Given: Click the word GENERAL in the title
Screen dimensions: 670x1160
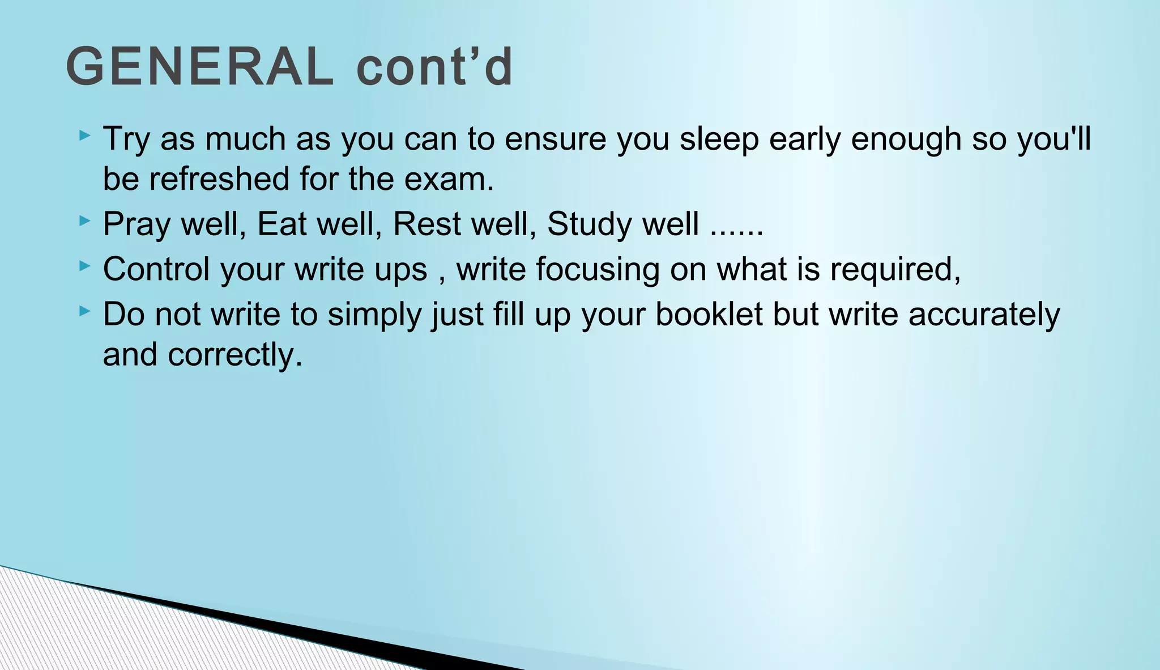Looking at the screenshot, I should [199, 67].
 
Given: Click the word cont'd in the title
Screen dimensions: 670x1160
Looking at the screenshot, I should [434, 67].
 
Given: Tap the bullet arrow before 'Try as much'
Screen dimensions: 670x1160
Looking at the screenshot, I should [85, 135].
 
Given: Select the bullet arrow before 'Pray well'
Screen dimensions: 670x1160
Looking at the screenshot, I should [85, 220].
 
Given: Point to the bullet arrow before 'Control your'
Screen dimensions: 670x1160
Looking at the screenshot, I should [85, 265].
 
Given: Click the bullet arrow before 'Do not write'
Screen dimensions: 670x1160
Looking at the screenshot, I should [85, 311].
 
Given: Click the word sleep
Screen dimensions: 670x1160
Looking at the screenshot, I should [719, 139].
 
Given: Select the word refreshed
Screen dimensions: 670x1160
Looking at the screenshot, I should [219, 179].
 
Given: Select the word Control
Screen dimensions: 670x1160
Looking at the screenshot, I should [156, 269].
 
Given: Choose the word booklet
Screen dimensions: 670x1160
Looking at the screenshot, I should [709, 314].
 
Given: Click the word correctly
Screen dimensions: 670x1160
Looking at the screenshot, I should [234, 355].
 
